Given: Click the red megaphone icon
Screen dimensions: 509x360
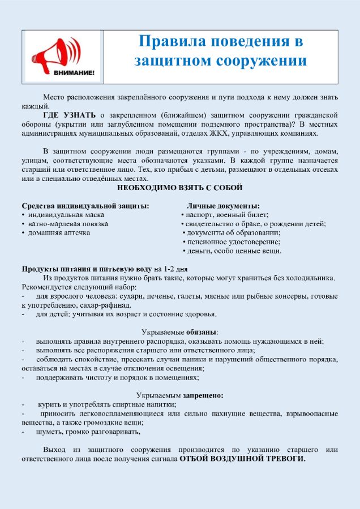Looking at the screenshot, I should click(x=59, y=51).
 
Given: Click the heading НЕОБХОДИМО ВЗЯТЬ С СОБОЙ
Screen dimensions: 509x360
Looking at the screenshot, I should click(x=180, y=187).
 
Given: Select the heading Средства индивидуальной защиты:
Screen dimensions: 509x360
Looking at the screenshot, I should click(x=85, y=206).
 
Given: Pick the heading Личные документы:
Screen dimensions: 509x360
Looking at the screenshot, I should click(x=223, y=206).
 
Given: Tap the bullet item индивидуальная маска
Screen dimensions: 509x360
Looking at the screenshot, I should click(x=66, y=215).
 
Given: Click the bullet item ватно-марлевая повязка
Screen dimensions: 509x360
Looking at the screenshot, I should click(x=68, y=224).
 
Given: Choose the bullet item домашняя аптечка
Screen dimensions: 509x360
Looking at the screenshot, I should click(x=59, y=233).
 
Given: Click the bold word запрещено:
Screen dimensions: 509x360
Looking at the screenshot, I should click(x=203, y=395).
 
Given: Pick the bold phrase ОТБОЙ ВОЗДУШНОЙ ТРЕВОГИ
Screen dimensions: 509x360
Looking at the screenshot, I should click(x=242, y=459).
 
